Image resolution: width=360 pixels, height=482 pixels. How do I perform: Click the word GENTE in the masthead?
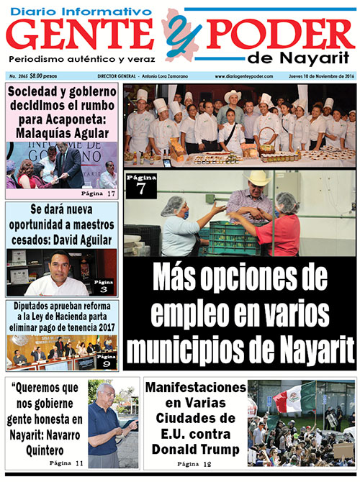[x=85, y=35]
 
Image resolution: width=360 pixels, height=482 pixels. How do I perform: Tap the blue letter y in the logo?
[x=177, y=32]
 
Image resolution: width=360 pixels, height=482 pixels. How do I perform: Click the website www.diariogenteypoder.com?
[x=242, y=76]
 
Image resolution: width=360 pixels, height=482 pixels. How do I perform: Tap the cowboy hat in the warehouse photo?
[x=257, y=179]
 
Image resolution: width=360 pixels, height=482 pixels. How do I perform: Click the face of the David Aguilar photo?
[x=60, y=268]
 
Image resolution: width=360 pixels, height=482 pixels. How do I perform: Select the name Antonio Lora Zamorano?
[x=171, y=76]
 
